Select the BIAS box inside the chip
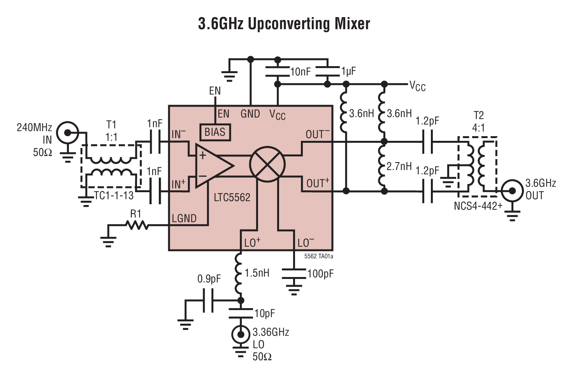click(215, 132)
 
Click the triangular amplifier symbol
click(212, 166)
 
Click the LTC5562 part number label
click(232, 198)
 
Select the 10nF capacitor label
click(300, 72)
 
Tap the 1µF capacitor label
click(348, 72)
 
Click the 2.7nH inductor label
click(399, 167)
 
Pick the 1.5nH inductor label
click(257, 273)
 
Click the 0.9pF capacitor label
click(209, 279)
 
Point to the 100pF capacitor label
click(320, 274)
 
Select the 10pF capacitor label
click(265, 314)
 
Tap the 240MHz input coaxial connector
click(68, 133)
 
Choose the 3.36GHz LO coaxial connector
click(241, 334)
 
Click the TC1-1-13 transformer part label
click(114, 196)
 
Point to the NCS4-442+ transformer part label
click(478, 206)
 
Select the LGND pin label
click(184, 219)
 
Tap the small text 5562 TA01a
click(318, 256)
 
